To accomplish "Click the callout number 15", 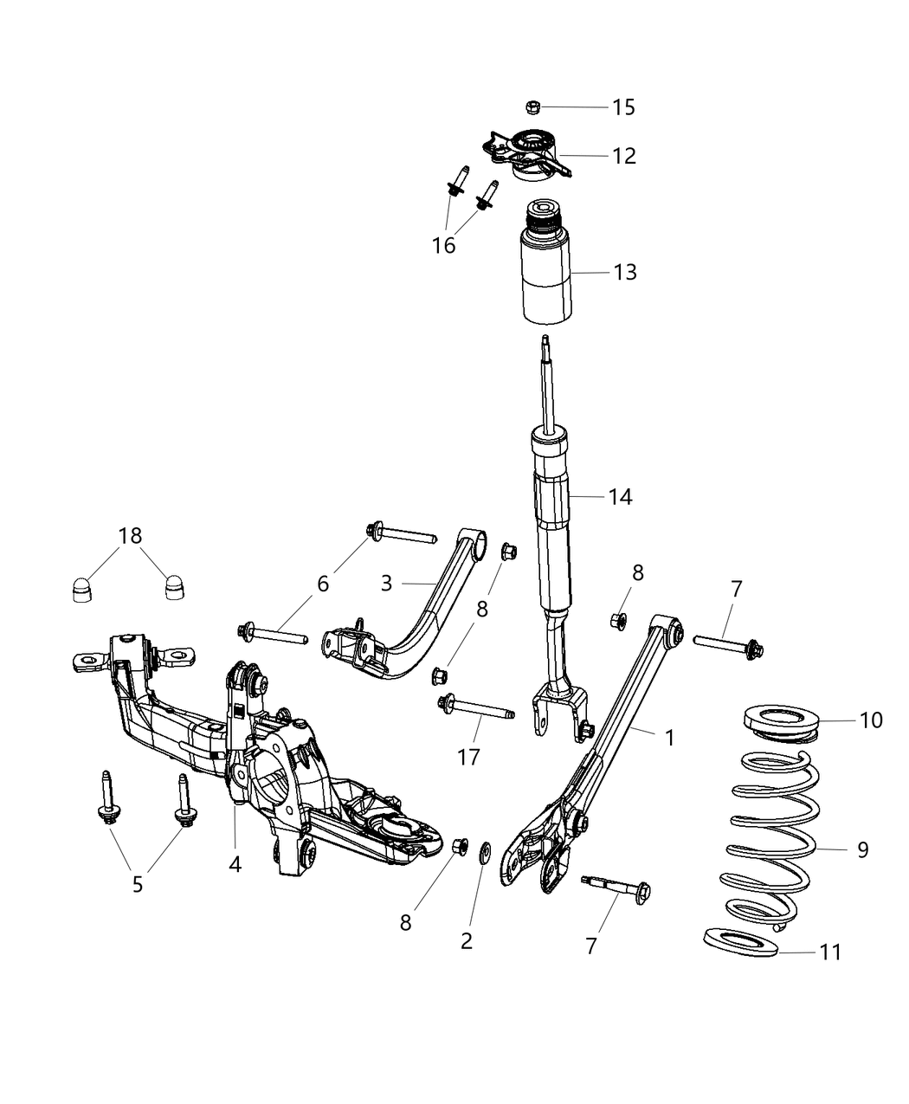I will [x=623, y=107].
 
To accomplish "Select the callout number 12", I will [x=623, y=156].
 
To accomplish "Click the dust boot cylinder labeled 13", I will [x=544, y=277].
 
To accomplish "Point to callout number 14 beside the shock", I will [x=620, y=497].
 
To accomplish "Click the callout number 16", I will [x=443, y=246].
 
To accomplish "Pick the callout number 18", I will [x=130, y=536].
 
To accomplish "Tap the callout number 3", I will [x=386, y=583].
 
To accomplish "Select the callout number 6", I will [x=323, y=584].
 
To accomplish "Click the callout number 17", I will [x=468, y=757].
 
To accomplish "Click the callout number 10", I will [x=870, y=720].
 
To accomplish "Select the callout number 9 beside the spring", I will [x=862, y=850].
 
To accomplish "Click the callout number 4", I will [x=235, y=863].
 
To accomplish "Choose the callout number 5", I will [x=138, y=886].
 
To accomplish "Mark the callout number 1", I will [x=668, y=738].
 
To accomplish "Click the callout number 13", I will [x=624, y=272].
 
